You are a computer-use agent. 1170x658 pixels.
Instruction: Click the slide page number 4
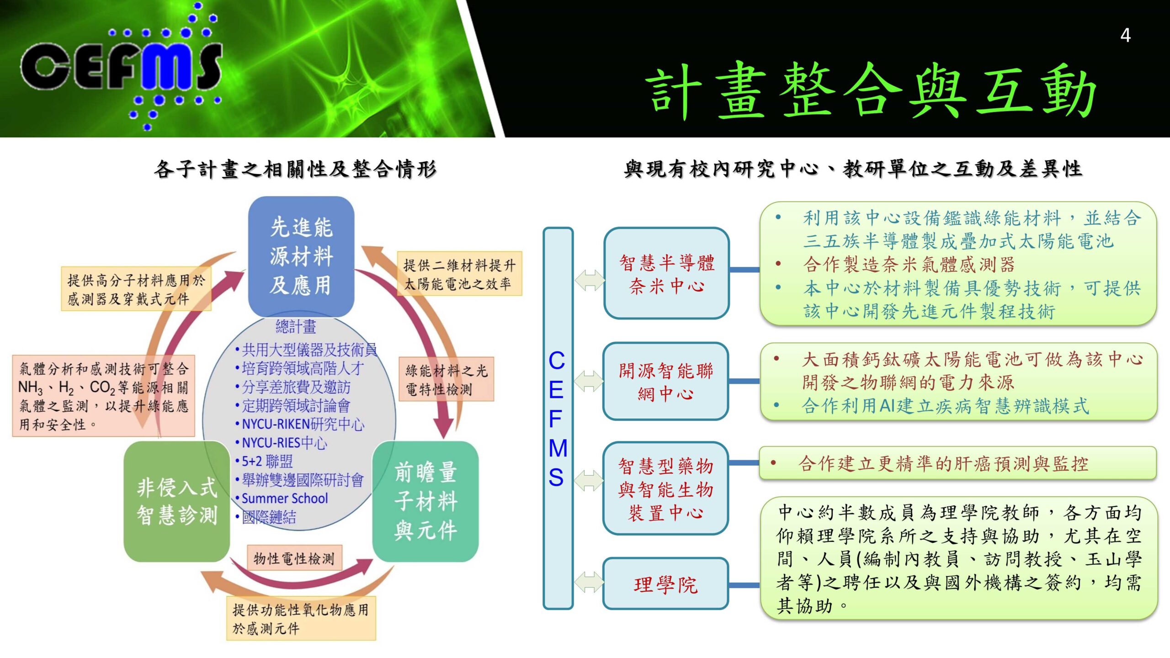1125,36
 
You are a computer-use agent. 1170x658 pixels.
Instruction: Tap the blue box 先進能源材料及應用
301,256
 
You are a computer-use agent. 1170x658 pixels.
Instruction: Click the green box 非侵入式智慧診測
177,501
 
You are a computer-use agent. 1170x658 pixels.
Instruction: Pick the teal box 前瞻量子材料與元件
425,501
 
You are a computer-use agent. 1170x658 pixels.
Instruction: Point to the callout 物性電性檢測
294,558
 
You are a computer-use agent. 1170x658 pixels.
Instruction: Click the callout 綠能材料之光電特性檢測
446,379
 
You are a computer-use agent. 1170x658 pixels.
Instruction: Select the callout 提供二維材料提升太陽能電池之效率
459,274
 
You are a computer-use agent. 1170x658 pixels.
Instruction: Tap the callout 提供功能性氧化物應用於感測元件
301,618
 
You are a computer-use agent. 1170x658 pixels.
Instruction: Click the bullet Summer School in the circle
284,498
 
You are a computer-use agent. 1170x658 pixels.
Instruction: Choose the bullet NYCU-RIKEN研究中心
303,424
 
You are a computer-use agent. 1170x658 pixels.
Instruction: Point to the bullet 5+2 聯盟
267,461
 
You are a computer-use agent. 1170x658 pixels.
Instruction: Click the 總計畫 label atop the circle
296,326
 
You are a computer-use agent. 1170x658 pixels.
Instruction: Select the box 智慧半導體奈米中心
666,273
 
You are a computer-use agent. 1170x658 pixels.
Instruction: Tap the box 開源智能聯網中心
666,382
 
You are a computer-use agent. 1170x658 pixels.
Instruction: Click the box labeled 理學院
666,584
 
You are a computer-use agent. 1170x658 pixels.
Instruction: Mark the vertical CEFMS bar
558,418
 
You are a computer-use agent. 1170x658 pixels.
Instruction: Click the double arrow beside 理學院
589,583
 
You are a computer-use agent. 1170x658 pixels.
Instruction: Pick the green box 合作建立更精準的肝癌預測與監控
957,463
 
